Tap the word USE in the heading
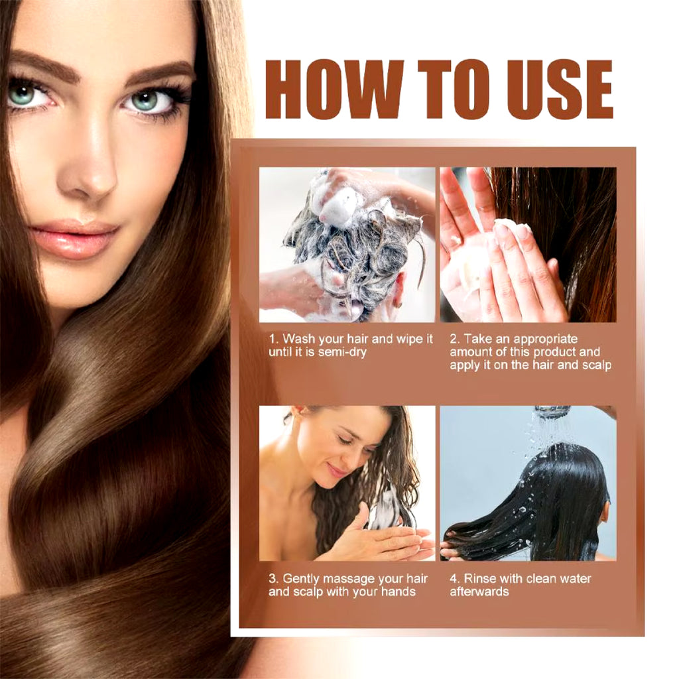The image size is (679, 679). click(559, 89)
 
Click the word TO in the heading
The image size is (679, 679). click(455, 89)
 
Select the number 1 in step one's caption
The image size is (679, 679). click(272, 339)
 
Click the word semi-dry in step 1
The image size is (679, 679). click(341, 352)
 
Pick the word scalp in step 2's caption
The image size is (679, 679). click(597, 365)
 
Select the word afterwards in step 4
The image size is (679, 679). click(479, 591)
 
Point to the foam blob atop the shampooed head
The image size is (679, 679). click(342, 204)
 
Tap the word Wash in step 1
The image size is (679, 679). click(299, 339)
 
